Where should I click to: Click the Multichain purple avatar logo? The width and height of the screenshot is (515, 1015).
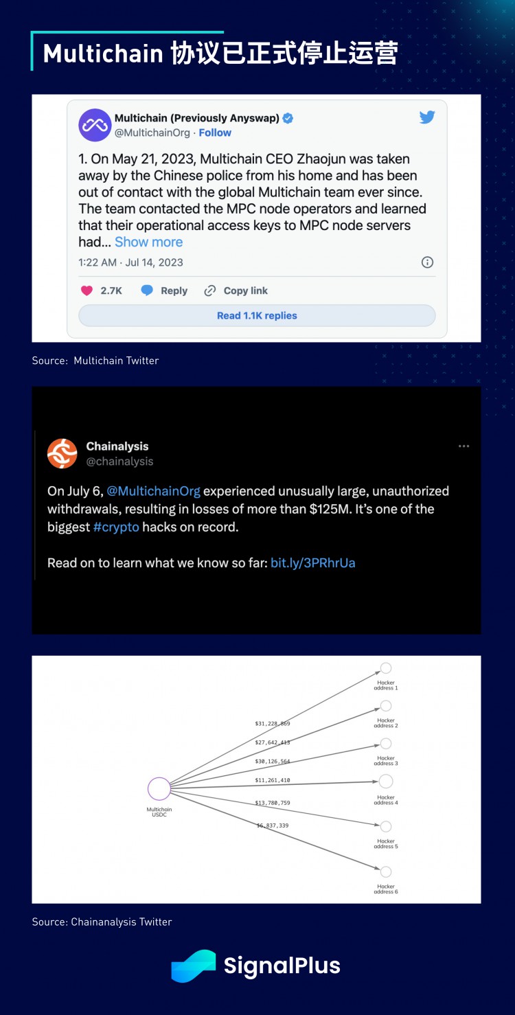[x=95, y=125]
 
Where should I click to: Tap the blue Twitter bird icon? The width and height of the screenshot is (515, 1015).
[x=427, y=117]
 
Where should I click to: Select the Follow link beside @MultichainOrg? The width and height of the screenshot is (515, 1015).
[x=215, y=133]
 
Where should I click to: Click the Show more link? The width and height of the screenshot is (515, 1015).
[x=148, y=242]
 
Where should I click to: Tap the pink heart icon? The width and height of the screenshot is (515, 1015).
[x=87, y=290]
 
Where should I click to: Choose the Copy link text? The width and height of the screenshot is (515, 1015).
[x=245, y=290]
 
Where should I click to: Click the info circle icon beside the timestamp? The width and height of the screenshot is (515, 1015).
[x=427, y=262]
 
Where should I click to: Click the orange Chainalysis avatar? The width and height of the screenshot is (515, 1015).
[x=62, y=453]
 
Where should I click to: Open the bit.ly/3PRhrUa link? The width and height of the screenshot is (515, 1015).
[x=313, y=563]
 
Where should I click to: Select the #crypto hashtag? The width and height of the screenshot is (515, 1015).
[x=116, y=527]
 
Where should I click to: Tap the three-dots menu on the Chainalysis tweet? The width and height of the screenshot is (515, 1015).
[x=464, y=446]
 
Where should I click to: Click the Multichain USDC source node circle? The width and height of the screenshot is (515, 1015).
[x=159, y=788]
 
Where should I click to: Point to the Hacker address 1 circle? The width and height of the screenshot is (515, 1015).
[x=386, y=668]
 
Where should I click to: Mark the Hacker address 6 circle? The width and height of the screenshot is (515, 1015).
[x=386, y=872]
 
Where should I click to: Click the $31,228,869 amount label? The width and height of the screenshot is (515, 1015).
[x=273, y=723]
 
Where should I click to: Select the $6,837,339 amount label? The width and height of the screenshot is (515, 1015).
[x=273, y=825]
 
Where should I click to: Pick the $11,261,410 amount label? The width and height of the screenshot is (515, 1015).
[x=273, y=780]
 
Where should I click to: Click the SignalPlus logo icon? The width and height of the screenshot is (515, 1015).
[x=193, y=966]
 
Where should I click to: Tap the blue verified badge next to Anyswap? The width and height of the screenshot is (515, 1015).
[x=288, y=118]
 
